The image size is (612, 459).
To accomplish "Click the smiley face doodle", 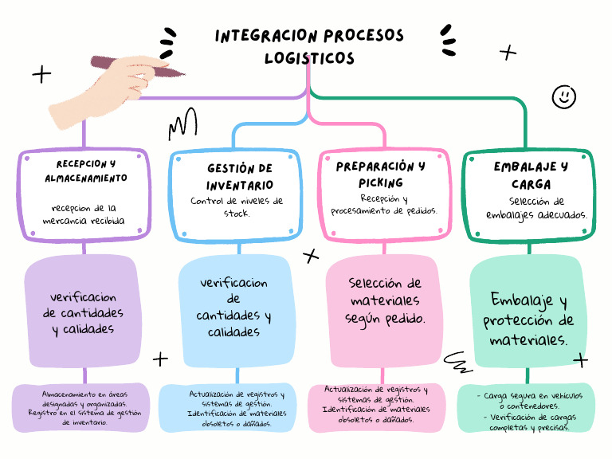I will click(x=564, y=96).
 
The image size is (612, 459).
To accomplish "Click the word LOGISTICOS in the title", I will click(x=309, y=58).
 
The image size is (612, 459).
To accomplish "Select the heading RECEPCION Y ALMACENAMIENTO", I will click(x=85, y=171).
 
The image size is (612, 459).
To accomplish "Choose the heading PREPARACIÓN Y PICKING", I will click(x=381, y=175).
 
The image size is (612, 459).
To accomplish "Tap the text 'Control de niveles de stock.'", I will click(x=237, y=207).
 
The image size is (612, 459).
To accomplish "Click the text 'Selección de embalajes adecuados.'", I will click(x=537, y=208).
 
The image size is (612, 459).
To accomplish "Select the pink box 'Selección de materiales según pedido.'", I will click(x=385, y=300).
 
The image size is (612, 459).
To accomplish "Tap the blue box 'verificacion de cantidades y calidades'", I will click(x=234, y=307).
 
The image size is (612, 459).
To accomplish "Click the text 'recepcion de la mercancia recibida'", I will click(x=84, y=214).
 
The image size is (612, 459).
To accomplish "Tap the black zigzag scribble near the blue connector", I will click(x=182, y=124).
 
